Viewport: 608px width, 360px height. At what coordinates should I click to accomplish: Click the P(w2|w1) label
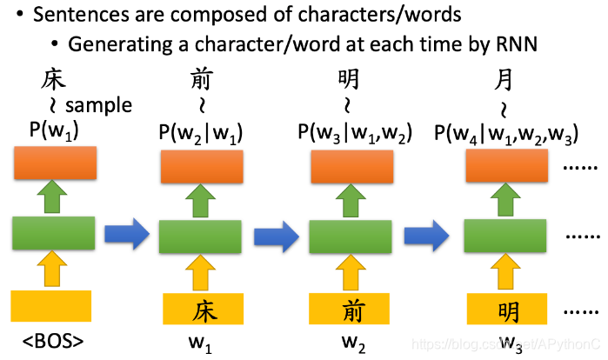200,132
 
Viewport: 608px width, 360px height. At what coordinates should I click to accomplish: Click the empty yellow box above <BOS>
50,305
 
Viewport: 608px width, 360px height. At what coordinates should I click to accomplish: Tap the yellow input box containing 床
202,310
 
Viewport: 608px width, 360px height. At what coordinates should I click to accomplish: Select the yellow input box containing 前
350,310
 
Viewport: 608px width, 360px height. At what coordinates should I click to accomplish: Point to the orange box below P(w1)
54,163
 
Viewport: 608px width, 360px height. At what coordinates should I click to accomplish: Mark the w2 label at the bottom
352,340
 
